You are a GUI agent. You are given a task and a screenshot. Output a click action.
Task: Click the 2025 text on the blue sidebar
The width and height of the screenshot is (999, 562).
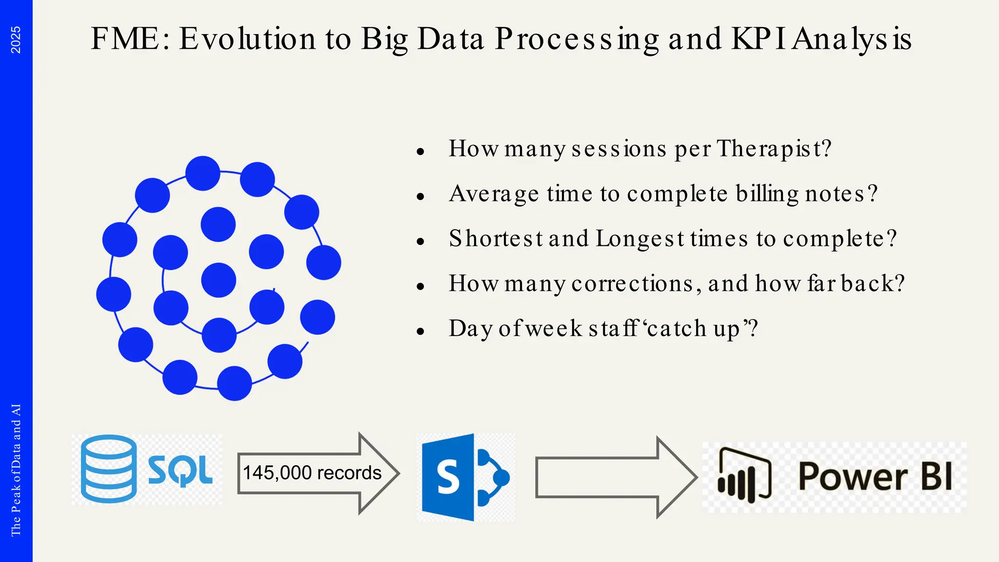[x=16, y=40]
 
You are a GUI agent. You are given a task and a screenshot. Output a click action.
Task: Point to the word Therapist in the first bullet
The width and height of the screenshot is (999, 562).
[x=774, y=149]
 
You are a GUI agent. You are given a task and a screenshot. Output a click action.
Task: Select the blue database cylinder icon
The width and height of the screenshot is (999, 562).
[x=108, y=469]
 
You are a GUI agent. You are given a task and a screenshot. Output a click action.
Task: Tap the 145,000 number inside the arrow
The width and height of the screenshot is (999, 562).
[x=277, y=473]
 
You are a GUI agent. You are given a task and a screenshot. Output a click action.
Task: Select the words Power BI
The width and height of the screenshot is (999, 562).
[x=875, y=477]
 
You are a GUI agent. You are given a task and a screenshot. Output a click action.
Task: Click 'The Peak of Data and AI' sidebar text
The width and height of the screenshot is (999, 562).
[x=16, y=469]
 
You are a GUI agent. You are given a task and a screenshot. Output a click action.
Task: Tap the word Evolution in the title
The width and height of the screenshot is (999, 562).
[x=247, y=39]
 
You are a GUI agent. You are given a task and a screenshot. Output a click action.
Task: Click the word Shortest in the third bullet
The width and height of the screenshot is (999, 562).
[x=495, y=239]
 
